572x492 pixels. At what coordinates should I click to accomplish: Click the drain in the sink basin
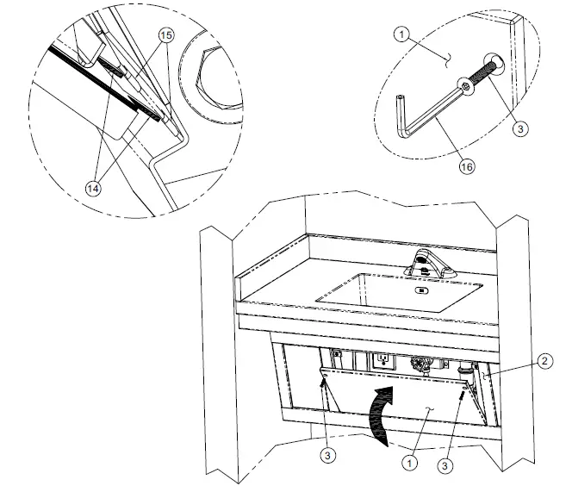click(420, 290)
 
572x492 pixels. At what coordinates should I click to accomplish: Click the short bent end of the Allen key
click(402, 113)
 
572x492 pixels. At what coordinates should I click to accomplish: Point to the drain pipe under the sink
click(422, 366)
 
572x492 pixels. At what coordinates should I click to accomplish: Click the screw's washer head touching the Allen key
click(466, 88)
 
